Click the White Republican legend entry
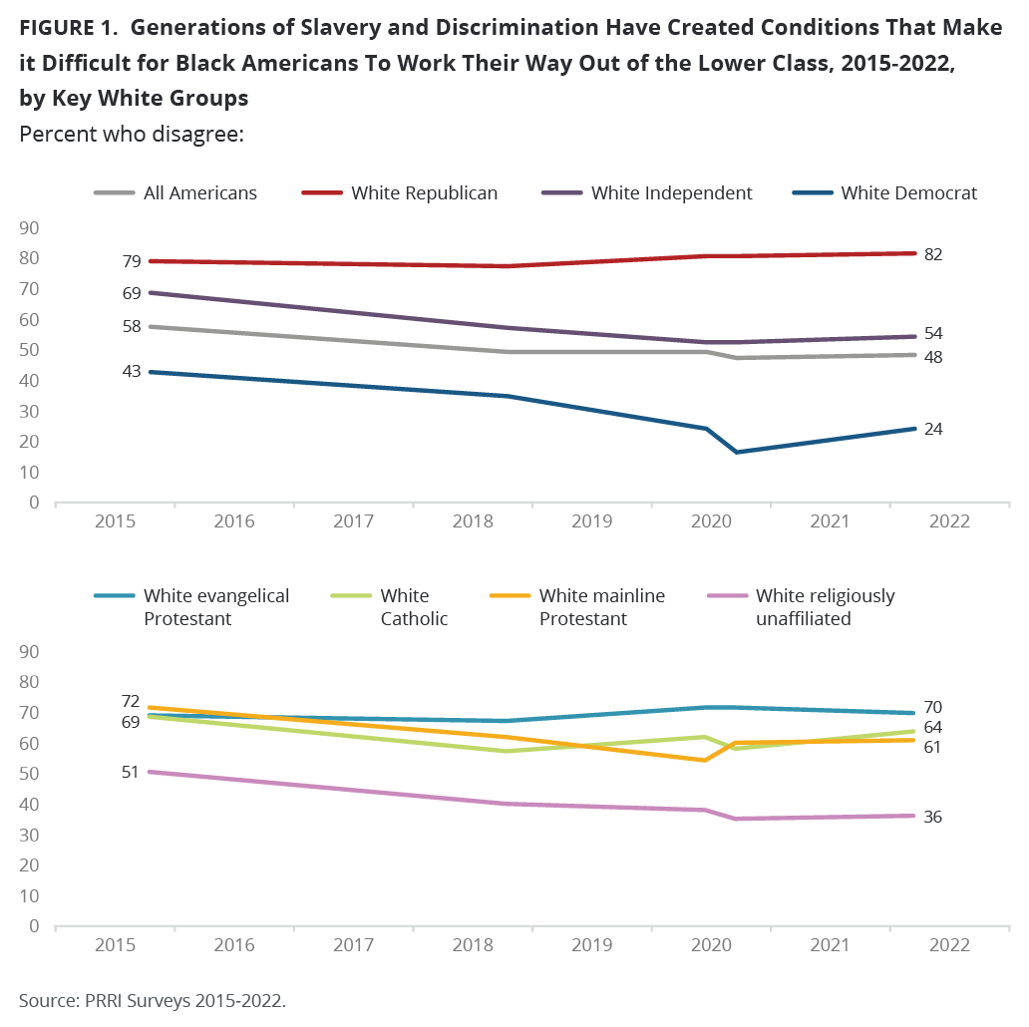[x=424, y=193]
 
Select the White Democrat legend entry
[x=908, y=193]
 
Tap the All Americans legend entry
[x=199, y=193]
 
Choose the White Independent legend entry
[x=671, y=193]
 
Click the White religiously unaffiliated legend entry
[x=825, y=607]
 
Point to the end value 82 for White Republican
[x=933, y=254]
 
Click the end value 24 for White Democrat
[x=933, y=429]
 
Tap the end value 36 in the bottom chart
[x=933, y=817]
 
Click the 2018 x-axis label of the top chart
[x=473, y=521]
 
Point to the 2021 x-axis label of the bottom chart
[x=830, y=945]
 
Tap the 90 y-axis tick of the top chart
[x=29, y=228]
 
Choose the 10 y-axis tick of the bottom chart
[x=29, y=895]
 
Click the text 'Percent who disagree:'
[x=132, y=134]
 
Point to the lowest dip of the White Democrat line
[x=737, y=452]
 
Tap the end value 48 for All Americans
[x=933, y=357]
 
